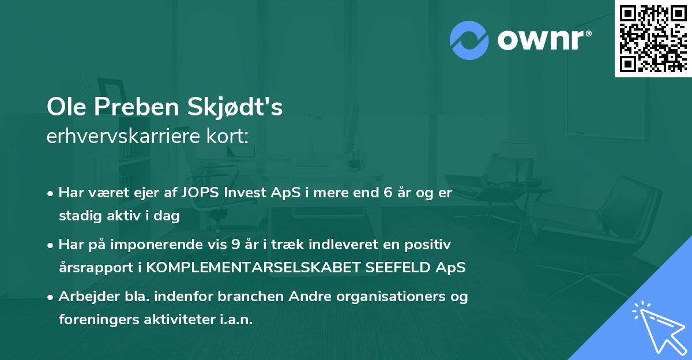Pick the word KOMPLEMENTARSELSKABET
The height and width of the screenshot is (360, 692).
point(257,268)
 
